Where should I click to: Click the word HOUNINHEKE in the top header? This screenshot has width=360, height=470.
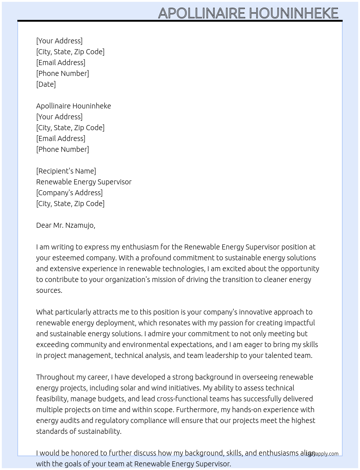click(x=293, y=13)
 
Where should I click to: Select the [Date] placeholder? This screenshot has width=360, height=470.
click(x=46, y=84)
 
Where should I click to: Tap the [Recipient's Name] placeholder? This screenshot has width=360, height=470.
click(x=66, y=171)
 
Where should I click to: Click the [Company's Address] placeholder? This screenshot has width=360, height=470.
click(x=69, y=193)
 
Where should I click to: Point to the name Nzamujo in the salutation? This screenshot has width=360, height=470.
click(x=80, y=225)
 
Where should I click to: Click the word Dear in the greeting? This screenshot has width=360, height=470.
click(x=44, y=225)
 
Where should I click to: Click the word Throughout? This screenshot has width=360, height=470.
click(x=54, y=377)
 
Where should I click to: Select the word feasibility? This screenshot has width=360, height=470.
click(x=52, y=399)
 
